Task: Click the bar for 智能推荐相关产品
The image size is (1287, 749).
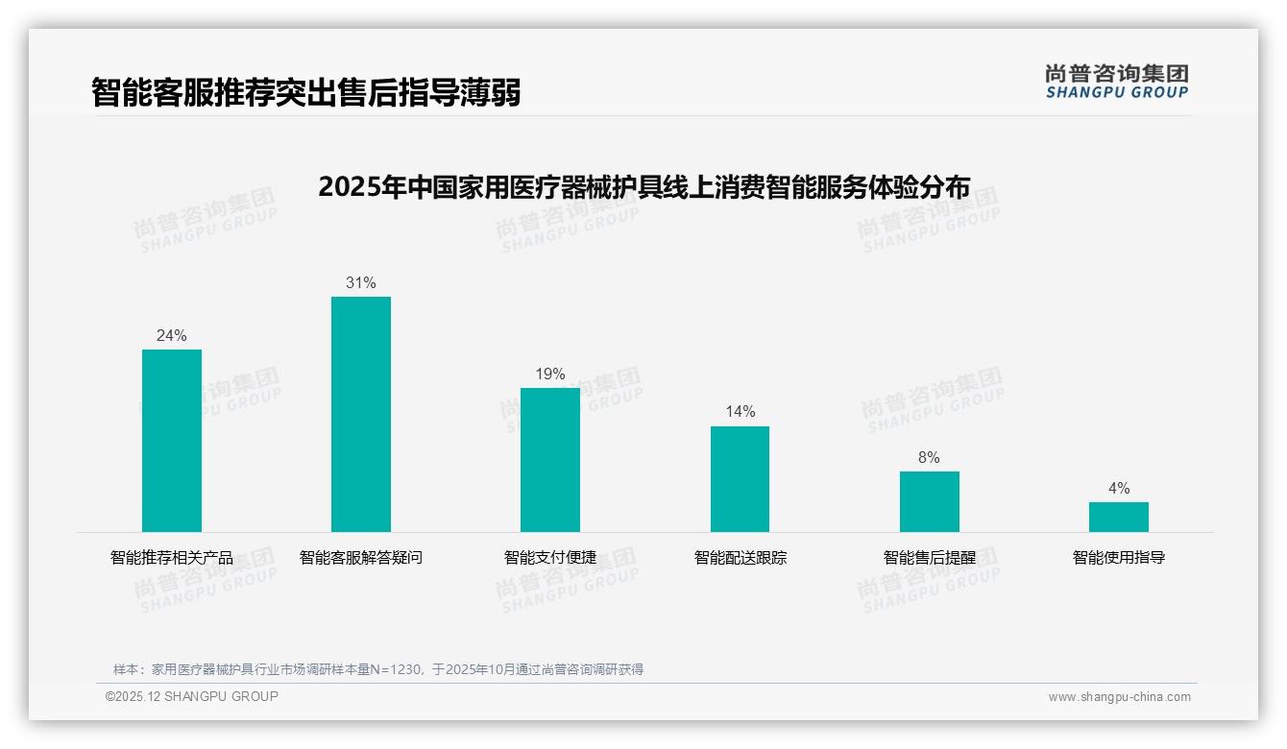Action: point(172,441)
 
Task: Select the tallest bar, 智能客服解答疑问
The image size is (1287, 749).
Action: point(361,414)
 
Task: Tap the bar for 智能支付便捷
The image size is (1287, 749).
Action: point(550,460)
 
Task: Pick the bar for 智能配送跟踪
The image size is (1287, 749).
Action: point(740,479)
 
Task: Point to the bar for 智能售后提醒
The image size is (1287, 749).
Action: point(929,501)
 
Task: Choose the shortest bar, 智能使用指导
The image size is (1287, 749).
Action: point(1118,517)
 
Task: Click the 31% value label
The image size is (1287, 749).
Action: point(361,283)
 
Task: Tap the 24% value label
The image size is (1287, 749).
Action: point(172,336)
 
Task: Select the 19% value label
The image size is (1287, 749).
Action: point(550,374)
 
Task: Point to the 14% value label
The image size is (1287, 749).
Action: point(740,412)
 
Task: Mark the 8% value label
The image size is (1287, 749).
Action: point(929,458)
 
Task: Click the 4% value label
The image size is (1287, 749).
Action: point(1118,489)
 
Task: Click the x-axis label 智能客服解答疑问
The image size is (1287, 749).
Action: point(361,558)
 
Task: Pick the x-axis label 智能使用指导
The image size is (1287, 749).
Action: point(1118,558)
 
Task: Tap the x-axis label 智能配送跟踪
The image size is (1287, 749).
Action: point(740,558)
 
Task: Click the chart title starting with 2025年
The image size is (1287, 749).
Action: point(643,186)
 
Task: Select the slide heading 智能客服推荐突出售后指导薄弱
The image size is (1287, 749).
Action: point(306,93)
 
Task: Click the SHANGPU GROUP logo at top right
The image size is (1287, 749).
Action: point(1116,82)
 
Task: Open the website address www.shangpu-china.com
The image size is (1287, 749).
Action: point(1119,697)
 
